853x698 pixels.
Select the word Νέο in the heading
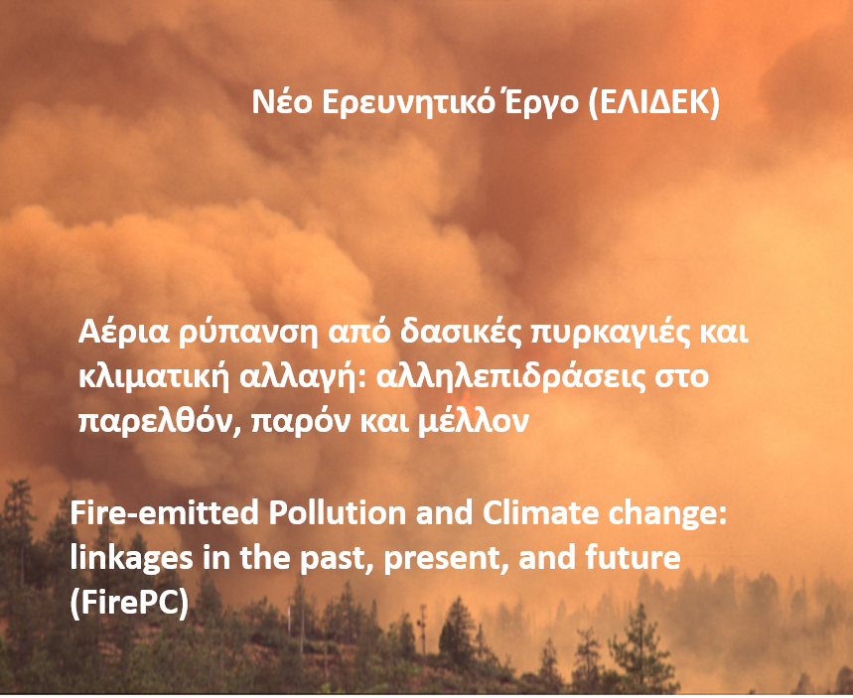click(282, 101)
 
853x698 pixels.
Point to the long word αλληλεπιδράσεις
click(510, 377)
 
